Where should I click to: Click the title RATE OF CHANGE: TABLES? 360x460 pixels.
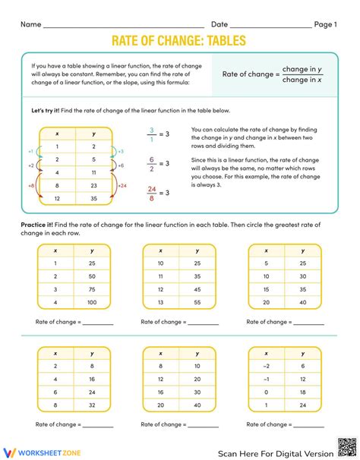(x=179, y=42)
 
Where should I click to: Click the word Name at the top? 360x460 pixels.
(x=30, y=24)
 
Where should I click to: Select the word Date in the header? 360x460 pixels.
(x=219, y=24)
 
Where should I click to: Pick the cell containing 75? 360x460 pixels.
(x=91, y=289)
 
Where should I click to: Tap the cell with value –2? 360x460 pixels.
(x=267, y=366)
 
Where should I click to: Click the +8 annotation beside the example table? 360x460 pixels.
(x=30, y=184)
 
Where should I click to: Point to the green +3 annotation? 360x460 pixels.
(x=120, y=152)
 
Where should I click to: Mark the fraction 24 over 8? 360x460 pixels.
(x=151, y=193)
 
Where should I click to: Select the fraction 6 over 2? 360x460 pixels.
(x=151, y=163)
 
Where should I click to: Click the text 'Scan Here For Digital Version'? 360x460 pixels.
(x=275, y=453)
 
